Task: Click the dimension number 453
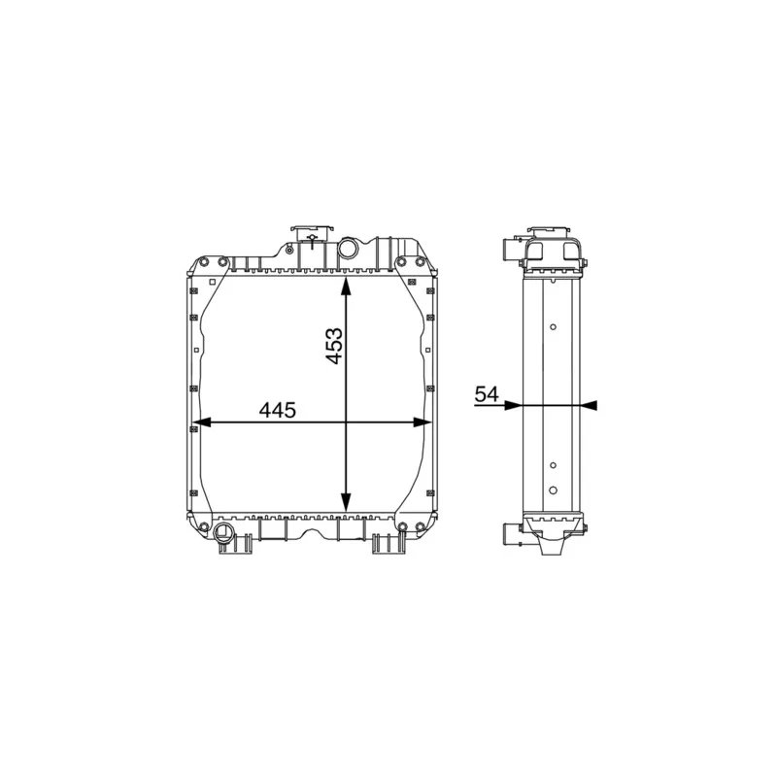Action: tap(335, 346)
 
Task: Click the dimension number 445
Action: tap(278, 410)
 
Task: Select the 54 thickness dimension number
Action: tap(487, 394)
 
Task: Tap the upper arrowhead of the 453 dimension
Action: tap(346, 287)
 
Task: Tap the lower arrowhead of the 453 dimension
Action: tap(346, 502)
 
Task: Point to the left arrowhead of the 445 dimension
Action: tap(201, 422)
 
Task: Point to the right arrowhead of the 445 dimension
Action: tap(422, 422)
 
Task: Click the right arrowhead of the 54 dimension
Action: tap(589, 405)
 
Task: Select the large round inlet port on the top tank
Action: tap(348, 248)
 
